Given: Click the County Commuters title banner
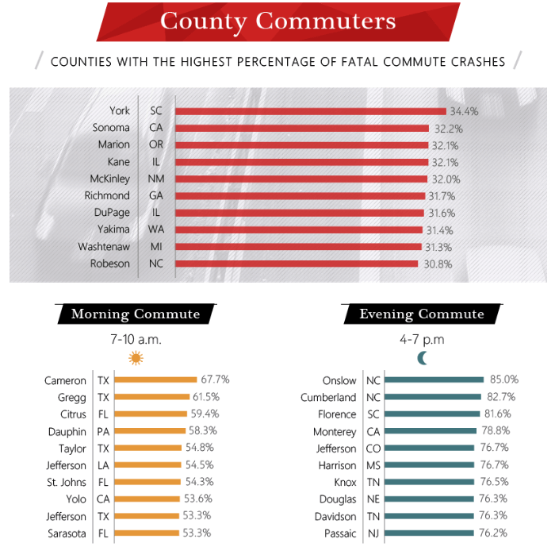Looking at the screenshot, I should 277,21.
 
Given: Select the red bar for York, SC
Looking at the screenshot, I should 310,111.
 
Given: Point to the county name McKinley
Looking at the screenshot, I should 109,179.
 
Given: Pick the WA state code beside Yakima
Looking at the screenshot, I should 155,229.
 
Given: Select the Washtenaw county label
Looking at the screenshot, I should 104,247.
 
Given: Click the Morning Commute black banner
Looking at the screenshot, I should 136,314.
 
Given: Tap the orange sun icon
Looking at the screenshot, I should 136,358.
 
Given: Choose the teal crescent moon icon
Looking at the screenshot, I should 422,358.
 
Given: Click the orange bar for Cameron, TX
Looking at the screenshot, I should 155,380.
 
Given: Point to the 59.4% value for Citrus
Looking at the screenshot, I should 205,414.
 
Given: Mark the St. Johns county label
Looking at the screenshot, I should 66,482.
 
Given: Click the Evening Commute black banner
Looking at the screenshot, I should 421,314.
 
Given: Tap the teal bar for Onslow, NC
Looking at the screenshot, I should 434,380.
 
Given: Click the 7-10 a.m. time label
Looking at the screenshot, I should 136,339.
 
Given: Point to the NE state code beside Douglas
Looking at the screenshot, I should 373,499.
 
